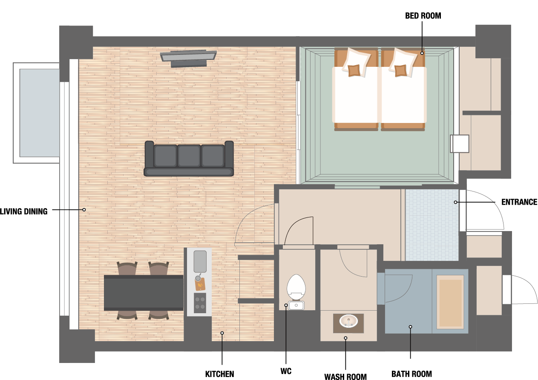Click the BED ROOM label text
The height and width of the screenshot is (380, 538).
coord(423,16)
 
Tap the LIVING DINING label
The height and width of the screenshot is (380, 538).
coord(23,211)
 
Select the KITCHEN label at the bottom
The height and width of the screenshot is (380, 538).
coord(219,374)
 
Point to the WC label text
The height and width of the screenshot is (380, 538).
coord(286,371)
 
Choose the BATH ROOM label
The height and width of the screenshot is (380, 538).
coord(411,374)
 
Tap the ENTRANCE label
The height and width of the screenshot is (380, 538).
coord(519,202)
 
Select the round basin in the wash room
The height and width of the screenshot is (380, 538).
coord(348,321)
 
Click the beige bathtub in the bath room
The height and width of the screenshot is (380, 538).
coord(450,302)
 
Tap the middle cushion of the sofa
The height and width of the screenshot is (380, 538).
coord(189,156)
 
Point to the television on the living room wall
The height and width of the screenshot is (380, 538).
coord(189,58)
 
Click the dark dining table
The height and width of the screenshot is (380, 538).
coord(144,293)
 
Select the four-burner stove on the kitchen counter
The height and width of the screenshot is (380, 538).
coord(200,303)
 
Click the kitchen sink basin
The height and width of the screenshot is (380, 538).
coord(200,262)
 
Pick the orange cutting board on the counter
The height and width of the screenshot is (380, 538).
coord(200,284)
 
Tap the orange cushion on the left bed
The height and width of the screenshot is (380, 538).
coord(354,71)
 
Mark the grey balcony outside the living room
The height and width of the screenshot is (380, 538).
coord(40,113)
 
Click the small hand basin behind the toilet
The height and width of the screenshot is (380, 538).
coord(296,306)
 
